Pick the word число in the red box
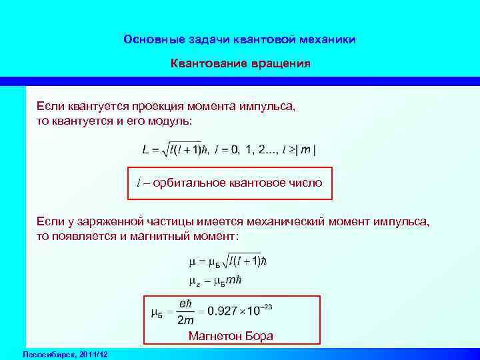point(306,183)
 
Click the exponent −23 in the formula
point(267,306)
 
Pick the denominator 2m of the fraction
point(185,320)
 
